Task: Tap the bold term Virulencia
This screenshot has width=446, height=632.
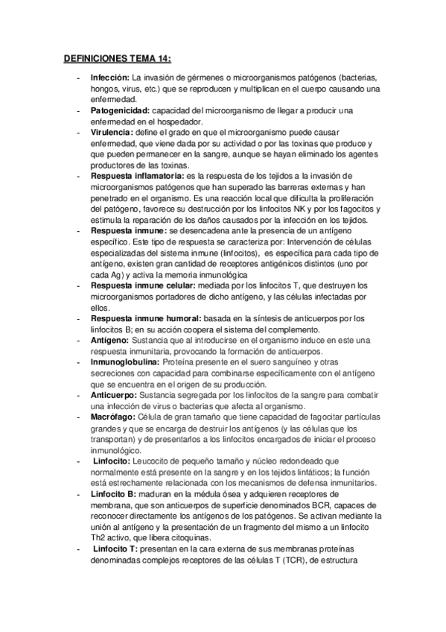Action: click(112, 132)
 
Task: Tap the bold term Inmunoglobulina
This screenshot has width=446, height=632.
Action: click(124, 362)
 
